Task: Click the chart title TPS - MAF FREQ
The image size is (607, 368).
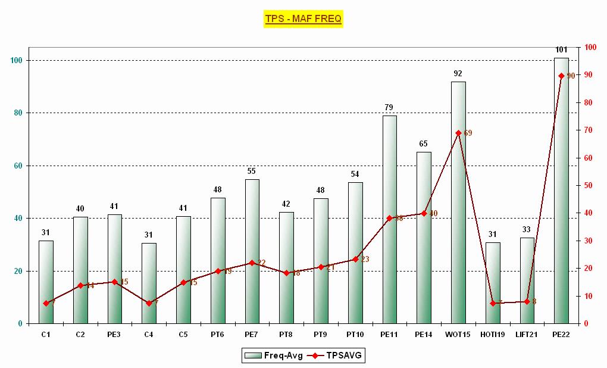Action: coord(303,19)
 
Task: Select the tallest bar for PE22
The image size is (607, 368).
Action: coord(561,191)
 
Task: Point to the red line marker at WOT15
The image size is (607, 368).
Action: coord(458,133)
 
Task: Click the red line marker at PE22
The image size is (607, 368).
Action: coord(561,76)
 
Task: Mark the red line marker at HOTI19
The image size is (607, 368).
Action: coord(493,303)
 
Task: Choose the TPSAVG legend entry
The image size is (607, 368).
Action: coord(340,355)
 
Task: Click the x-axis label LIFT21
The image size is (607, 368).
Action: coord(527,335)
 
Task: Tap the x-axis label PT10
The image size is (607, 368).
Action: coord(355,335)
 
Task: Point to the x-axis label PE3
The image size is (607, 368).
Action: coord(114,335)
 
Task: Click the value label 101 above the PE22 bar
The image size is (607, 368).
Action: coord(561,49)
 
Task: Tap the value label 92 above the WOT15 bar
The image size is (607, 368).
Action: coord(458,73)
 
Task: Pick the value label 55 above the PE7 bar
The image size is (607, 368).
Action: coord(252,171)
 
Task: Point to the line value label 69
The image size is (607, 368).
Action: coord(468,133)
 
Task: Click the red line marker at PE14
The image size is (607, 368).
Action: coord(424,213)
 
